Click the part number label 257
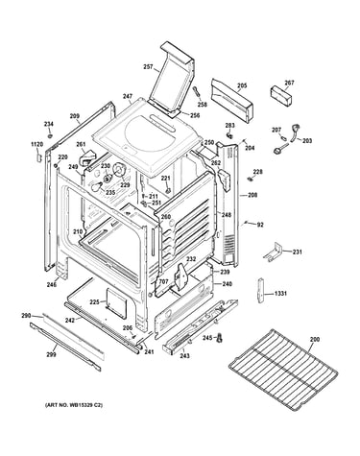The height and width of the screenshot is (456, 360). pyautogui.click(x=148, y=66)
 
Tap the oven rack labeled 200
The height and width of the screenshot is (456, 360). pyautogui.click(x=283, y=368)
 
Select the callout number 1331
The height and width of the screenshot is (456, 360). pyautogui.click(x=280, y=293)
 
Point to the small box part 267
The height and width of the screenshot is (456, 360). pyautogui.click(x=281, y=95)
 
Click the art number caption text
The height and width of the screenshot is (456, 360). pyautogui.click(x=74, y=405)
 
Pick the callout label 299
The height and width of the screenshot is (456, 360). pyautogui.click(x=51, y=354)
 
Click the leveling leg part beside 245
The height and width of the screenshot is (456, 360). pyautogui.click(x=220, y=338)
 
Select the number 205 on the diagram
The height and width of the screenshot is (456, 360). pyautogui.click(x=242, y=85)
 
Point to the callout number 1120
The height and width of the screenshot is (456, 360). pyautogui.click(x=36, y=145)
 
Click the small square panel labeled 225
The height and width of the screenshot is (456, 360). pyautogui.click(x=116, y=302)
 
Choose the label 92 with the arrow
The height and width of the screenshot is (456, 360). pyautogui.click(x=260, y=225)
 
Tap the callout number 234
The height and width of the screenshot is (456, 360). pyautogui.click(x=49, y=124)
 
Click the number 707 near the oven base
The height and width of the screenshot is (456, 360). pyautogui.click(x=163, y=281)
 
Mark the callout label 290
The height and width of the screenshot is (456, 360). pyautogui.click(x=26, y=316)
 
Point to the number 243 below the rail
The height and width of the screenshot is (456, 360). pyautogui.click(x=185, y=355)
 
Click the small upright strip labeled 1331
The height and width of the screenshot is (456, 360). pyautogui.click(x=261, y=290)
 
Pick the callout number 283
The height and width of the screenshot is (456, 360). pyautogui.click(x=230, y=125)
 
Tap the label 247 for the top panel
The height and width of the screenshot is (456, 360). pyautogui.click(x=128, y=96)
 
